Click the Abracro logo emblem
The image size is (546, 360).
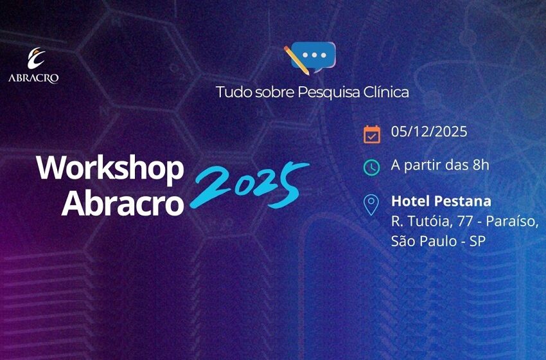coord(35,59)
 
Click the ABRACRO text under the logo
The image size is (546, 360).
coord(34,79)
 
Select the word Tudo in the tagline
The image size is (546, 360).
coord(232,92)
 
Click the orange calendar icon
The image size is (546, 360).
coord(372,134)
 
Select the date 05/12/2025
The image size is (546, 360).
coord(429,132)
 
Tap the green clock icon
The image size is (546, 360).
coord(372,167)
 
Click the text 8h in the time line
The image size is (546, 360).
coord(480,165)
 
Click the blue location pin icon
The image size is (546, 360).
coord(371,205)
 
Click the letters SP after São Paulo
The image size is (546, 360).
coord(476,242)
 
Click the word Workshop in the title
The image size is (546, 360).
coord(110,168)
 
